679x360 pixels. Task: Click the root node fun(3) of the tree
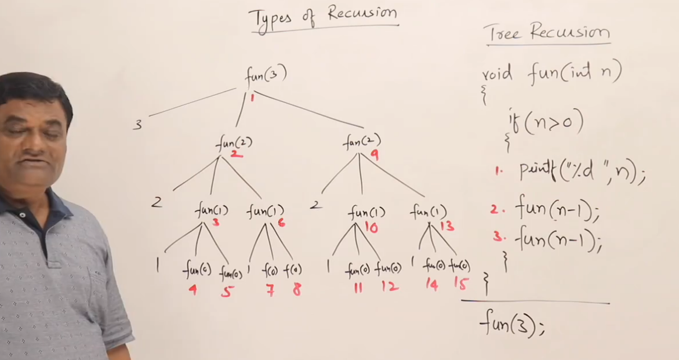coord(266,75)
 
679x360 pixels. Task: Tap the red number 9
coord(375,155)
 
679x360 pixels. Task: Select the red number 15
coord(461,284)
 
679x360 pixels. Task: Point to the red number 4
coord(192,289)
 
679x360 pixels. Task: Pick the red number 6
coord(281,223)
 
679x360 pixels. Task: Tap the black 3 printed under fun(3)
coord(137,124)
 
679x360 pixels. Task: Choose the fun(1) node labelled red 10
coord(366,213)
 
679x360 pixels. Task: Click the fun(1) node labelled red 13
coord(428,212)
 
